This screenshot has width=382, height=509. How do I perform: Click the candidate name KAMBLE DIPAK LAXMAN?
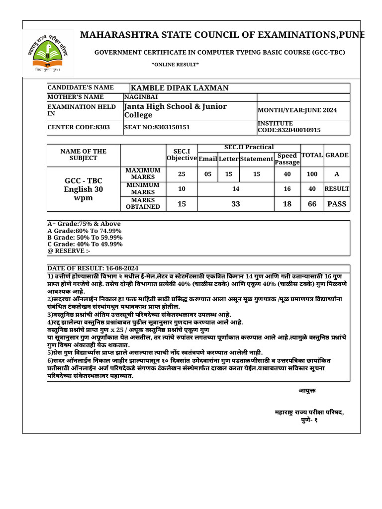(180, 88)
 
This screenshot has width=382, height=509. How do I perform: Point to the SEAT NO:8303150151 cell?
(157, 127)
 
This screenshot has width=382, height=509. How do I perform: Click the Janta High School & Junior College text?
(175, 110)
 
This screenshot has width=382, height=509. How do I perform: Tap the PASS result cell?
(337, 204)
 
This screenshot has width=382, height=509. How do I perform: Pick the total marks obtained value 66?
(312, 204)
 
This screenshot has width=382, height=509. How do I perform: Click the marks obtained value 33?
(236, 204)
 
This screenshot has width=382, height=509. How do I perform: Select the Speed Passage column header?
(287, 159)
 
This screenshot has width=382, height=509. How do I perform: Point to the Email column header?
(208, 159)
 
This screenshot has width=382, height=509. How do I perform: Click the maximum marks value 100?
(312, 174)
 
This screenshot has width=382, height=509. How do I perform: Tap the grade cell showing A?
(337, 174)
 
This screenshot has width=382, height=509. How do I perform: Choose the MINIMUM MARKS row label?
(143, 188)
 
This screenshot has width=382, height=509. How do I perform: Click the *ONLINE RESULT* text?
(175, 65)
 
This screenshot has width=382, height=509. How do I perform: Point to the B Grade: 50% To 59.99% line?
(85, 237)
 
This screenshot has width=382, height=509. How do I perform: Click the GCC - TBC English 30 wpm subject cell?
(84, 189)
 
